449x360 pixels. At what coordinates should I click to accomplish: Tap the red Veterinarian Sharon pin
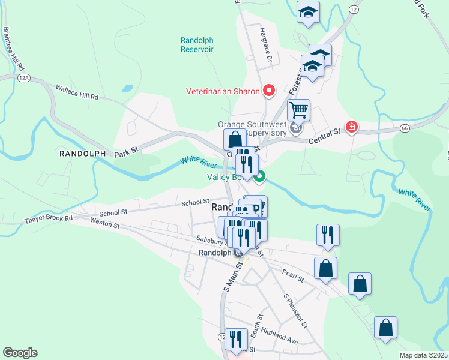(269, 91)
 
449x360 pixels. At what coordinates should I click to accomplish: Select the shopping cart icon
(298, 110)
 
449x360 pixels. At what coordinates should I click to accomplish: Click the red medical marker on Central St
(351, 127)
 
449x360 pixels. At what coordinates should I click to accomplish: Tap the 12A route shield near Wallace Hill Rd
(24, 78)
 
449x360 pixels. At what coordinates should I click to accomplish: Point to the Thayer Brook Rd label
(48, 218)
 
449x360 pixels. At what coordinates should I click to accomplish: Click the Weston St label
(105, 225)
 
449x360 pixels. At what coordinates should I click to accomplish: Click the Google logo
(20, 353)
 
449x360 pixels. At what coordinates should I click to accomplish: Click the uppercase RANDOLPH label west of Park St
(82, 154)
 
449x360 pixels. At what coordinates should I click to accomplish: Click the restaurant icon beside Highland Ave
(236, 338)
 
